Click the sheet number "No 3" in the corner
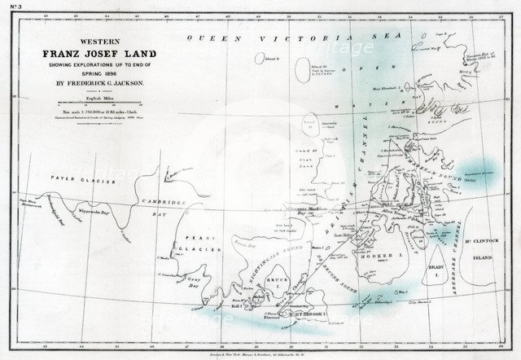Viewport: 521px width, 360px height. coord(11,8)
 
